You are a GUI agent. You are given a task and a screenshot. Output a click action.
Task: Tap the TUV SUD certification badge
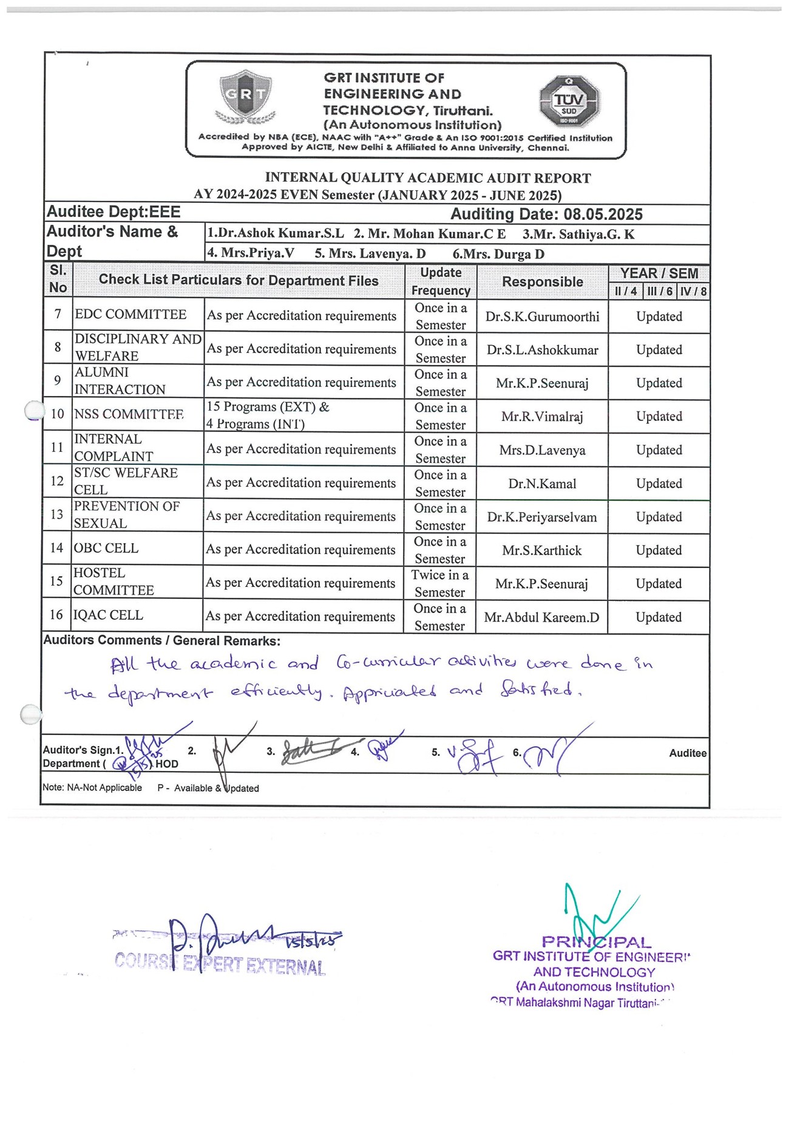(569, 101)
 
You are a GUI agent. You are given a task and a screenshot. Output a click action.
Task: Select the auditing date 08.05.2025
(603, 214)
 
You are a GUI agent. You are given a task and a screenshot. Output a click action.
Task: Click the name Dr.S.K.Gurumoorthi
(542, 317)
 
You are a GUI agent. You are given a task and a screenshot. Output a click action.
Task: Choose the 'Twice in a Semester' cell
(440, 583)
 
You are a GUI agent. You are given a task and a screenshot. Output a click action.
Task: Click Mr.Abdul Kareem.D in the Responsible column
(541, 617)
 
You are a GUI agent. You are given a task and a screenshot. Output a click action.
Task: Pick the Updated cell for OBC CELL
(659, 550)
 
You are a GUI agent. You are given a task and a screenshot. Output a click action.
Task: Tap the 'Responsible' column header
(542, 282)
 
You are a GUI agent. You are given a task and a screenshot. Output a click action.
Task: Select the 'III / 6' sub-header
(659, 292)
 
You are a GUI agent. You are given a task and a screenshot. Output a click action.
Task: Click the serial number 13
(56, 515)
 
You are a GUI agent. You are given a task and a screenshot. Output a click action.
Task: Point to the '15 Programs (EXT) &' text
(268, 407)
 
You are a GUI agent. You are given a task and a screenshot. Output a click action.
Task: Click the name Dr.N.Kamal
(542, 484)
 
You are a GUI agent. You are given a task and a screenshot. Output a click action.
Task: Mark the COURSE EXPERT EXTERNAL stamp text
(220, 964)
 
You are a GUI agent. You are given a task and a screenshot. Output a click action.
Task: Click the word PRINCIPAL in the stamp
(596, 942)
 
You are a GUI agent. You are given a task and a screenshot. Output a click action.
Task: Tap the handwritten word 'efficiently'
(276, 691)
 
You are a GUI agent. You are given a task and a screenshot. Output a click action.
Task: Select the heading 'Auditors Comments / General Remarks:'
(161, 640)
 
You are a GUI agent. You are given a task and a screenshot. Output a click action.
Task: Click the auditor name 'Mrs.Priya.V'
(250, 253)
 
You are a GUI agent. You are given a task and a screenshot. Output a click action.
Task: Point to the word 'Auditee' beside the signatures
(687, 753)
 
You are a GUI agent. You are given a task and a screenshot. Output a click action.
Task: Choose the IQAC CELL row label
(108, 615)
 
